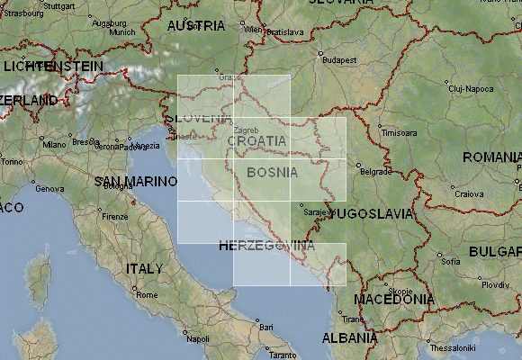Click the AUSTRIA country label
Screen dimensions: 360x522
[x=196, y=27]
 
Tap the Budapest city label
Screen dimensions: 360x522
[x=340, y=60]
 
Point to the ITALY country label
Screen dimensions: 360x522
[x=144, y=268]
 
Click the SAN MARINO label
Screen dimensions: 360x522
[x=133, y=182]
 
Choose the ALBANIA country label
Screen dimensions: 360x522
[x=349, y=338]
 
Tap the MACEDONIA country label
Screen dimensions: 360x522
[x=394, y=299]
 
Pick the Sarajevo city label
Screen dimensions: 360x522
[x=316, y=212]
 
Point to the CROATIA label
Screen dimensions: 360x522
[x=256, y=141]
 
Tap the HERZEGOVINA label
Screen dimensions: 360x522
[x=266, y=246]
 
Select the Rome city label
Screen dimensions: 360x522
[x=147, y=294]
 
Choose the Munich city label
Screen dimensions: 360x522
[x=121, y=31]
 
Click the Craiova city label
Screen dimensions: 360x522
[x=468, y=193]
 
